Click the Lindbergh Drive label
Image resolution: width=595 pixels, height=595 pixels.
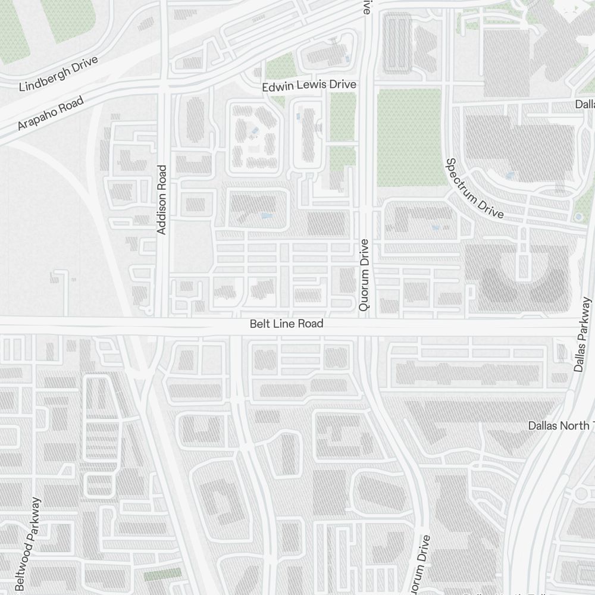click(x=58, y=75)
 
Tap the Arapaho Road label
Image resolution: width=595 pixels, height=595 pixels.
click(x=50, y=115)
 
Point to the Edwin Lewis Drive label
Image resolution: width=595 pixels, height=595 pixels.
click(x=309, y=86)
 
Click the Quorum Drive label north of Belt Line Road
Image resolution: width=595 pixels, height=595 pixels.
click(x=365, y=275)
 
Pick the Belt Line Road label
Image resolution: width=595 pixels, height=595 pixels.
click(x=286, y=324)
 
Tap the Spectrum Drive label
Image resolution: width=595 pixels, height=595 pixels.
click(x=475, y=188)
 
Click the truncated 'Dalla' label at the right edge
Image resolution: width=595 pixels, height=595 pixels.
click(x=584, y=104)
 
